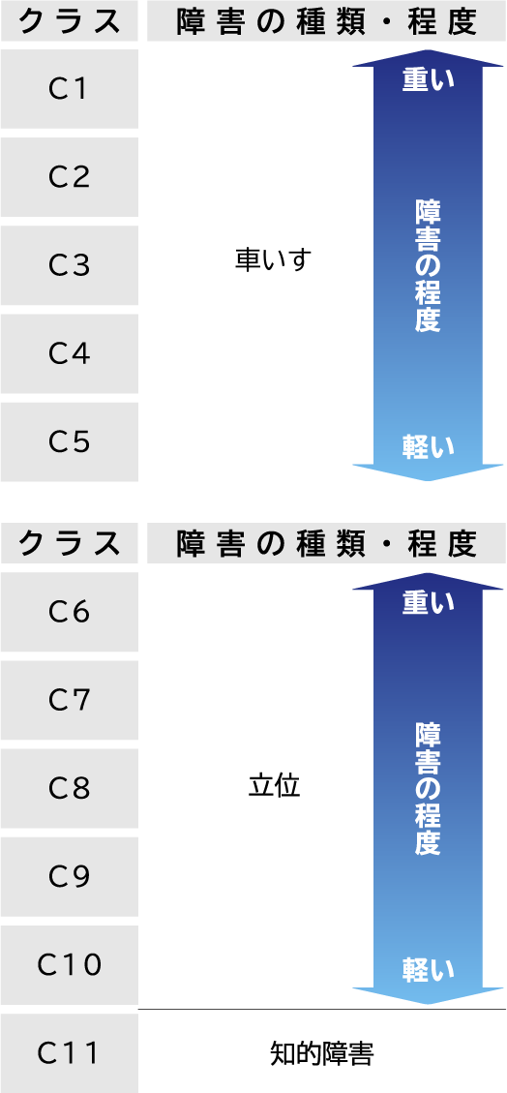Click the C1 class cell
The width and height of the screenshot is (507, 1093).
point(69,89)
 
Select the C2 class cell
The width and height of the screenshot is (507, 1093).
point(69,177)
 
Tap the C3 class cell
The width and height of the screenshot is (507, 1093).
point(69,265)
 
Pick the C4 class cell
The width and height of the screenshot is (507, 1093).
point(69,354)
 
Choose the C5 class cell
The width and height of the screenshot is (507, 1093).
point(69,441)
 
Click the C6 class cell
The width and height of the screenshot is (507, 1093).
point(69,612)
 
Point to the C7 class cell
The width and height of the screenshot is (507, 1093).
point(69,700)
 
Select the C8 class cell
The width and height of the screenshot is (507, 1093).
point(69,788)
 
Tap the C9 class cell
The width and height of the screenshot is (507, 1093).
point(69,877)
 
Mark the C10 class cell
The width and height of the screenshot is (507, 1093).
point(69,965)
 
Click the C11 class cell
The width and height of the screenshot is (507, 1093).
point(69,1053)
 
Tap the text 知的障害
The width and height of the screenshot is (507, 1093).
point(322,1054)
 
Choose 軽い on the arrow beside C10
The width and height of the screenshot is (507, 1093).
point(429,969)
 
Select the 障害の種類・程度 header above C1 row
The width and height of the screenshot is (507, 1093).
point(326,21)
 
